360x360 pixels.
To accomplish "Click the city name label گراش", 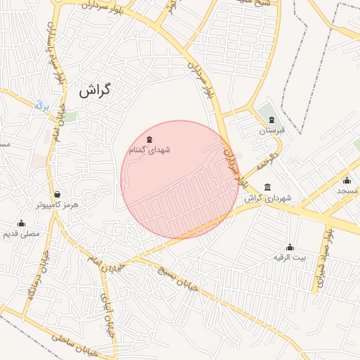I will point(96,91).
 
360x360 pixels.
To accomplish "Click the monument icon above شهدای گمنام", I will point(150,139).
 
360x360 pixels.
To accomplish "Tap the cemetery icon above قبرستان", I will point(268,119).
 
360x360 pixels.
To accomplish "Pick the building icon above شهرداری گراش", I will point(267,187).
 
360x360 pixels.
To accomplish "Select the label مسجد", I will point(347,191).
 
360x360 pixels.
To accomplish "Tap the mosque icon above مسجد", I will point(347,179).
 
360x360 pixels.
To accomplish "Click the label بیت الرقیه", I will point(290,257).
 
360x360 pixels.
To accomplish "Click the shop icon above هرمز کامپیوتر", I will point(57,194).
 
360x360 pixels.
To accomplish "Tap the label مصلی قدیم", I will point(22,233).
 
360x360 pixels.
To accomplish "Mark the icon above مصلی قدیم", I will point(21,223).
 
